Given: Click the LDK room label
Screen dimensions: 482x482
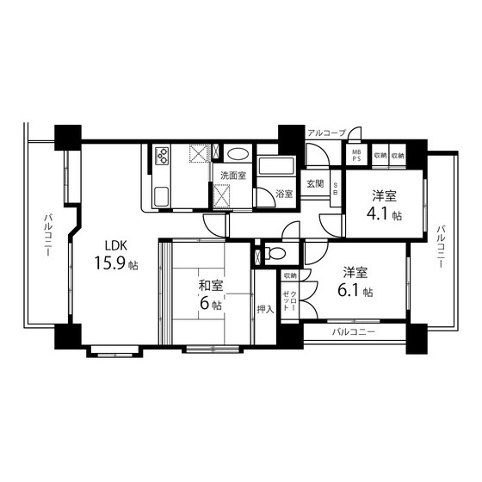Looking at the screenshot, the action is (x=116, y=245).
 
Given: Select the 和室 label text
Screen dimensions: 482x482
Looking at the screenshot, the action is (x=211, y=286).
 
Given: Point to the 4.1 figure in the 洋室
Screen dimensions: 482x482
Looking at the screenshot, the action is (x=378, y=214).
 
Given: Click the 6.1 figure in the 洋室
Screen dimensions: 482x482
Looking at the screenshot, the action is (x=349, y=291).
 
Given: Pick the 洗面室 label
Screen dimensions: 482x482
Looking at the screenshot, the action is (x=233, y=176).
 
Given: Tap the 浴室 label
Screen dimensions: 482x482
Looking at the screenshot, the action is (x=284, y=194).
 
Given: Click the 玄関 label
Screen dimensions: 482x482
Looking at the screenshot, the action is (x=315, y=184).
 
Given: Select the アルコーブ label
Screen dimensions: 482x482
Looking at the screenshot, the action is (x=327, y=133).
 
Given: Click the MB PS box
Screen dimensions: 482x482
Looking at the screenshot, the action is (x=356, y=155).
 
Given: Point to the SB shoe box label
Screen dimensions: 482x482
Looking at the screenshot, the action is (x=336, y=188).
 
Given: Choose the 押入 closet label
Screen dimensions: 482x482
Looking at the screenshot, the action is (x=265, y=309).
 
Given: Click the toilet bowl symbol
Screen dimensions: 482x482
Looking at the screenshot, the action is (x=275, y=254).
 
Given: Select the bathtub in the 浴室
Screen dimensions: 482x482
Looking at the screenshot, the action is (x=275, y=165).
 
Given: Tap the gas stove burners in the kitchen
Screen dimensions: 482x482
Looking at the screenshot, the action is (x=162, y=156).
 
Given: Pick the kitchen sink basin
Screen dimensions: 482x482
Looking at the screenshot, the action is (x=161, y=197).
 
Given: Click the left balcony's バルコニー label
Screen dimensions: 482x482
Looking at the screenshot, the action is (x=47, y=236).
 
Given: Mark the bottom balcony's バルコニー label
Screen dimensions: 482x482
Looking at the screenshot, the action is (x=354, y=332).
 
